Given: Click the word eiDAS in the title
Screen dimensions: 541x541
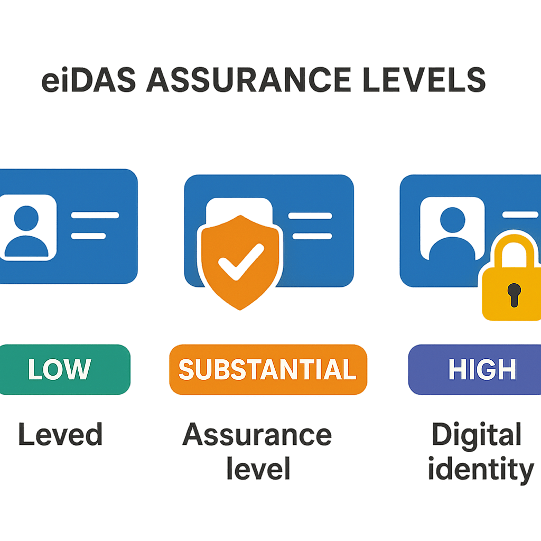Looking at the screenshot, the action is coord(88,80).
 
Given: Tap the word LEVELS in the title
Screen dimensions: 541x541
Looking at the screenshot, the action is coord(424,80).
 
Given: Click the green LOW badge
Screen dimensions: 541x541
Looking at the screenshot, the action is coord(64,369).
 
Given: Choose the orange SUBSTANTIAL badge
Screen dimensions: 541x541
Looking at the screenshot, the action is coord(268,369).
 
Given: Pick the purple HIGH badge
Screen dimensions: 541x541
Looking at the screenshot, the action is coord(475,369).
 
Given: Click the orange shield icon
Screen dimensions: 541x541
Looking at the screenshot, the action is coord(240,262).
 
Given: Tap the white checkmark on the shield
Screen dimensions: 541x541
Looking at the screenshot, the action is coord(241,262).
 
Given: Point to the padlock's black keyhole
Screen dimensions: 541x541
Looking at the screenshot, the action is coord(514,295).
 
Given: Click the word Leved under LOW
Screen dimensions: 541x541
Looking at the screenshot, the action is coord(60,434).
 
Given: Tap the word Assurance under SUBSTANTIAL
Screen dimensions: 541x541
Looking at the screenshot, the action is coord(257,434).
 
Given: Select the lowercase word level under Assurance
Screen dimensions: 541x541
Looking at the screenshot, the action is coord(258,468).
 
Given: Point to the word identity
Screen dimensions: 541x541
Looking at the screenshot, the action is coord(481,470).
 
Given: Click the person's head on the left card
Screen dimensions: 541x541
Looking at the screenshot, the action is coord(26,218).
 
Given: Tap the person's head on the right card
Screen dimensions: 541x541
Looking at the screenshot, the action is coord(453,220).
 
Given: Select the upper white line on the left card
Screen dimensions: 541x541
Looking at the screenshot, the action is coord(95,216).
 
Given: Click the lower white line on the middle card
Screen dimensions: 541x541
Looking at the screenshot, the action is coord(312,236).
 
